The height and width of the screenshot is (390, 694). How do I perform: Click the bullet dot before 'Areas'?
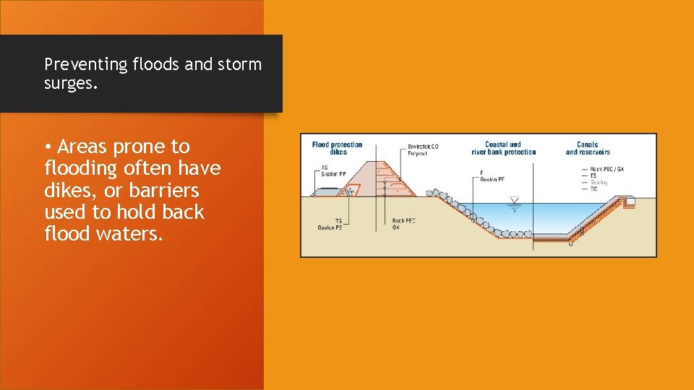(48, 147)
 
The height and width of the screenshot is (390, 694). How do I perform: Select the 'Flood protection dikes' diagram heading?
(338, 148)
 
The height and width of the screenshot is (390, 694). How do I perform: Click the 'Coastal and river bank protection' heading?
(503, 148)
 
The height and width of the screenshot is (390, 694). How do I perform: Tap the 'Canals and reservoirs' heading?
(587, 148)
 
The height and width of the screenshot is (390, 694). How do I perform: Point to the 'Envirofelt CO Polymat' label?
(423, 150)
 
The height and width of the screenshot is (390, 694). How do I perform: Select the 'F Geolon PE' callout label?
(492, 176)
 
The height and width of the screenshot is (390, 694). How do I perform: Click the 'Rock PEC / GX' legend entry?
(607, 169)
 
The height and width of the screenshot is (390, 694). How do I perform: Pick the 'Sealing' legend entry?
(599, 182)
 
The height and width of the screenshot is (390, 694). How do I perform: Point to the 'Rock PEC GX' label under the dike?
(403, 224)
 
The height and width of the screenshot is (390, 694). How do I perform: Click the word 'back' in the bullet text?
(184, 212)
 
